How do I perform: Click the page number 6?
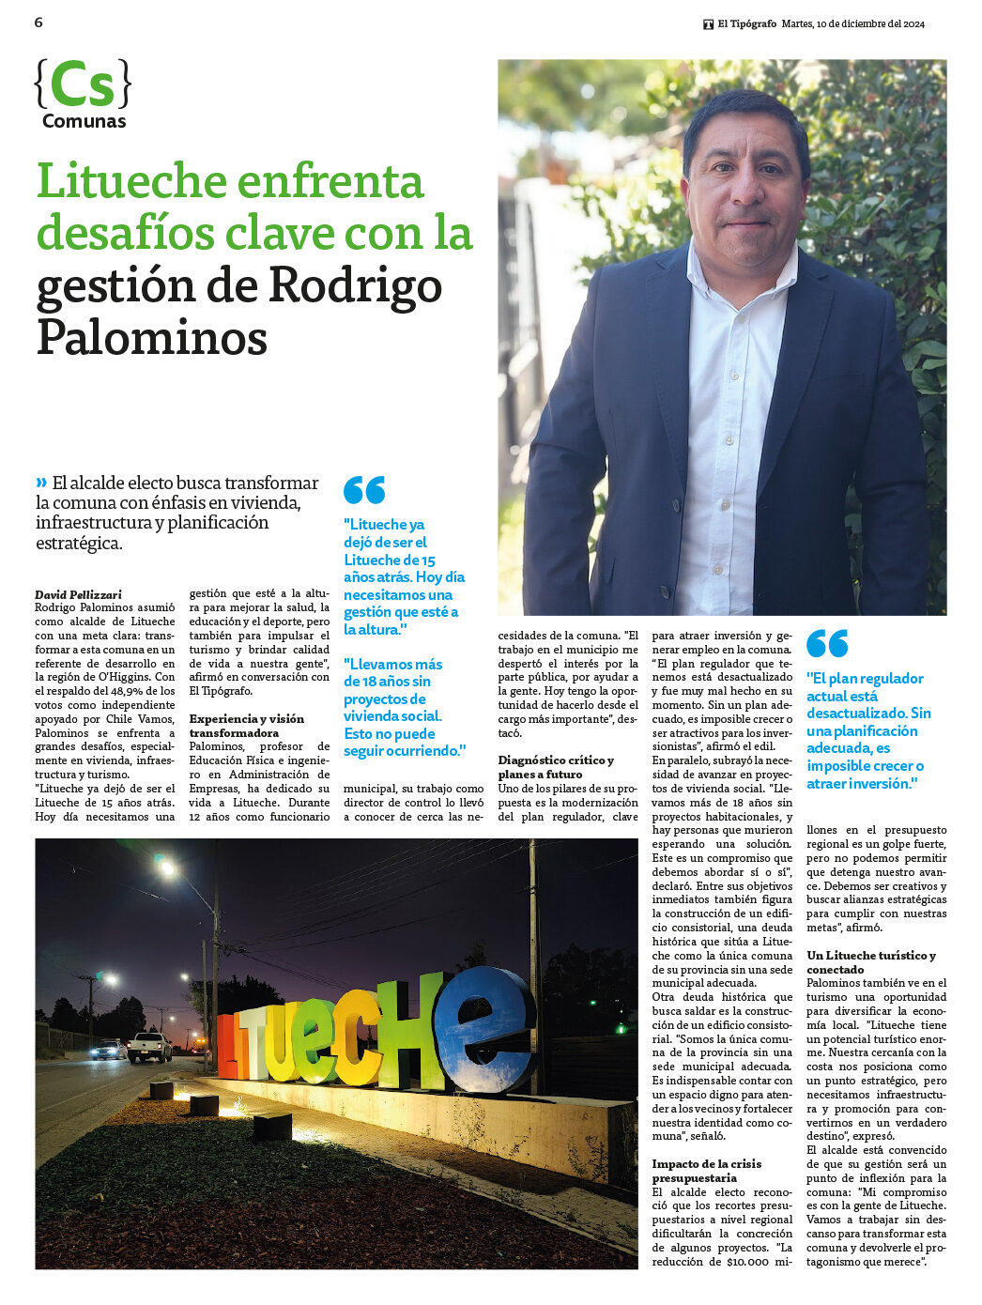coord(38,22)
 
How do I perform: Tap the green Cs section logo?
coord(82,84)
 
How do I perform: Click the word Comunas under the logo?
coord(84,121)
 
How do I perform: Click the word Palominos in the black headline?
coord(152,338)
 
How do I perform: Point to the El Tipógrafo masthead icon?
coord(708,24)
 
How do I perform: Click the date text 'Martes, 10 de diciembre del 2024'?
coord(852,24)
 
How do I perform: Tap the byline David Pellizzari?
coord(78,594)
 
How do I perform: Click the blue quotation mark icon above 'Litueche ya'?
coord(364,490)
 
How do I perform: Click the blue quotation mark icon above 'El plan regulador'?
coord(827,644)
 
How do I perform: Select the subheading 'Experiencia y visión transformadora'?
coord(247,726)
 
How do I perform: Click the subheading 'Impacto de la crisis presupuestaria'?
coord(707,1171)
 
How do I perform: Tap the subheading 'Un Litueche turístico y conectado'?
coord(870,962)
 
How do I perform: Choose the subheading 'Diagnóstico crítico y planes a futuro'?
coord(556,767)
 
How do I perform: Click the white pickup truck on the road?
coord(150,1046)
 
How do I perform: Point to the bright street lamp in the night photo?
coord(166,868)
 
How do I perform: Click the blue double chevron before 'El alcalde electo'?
coord(41,483)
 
